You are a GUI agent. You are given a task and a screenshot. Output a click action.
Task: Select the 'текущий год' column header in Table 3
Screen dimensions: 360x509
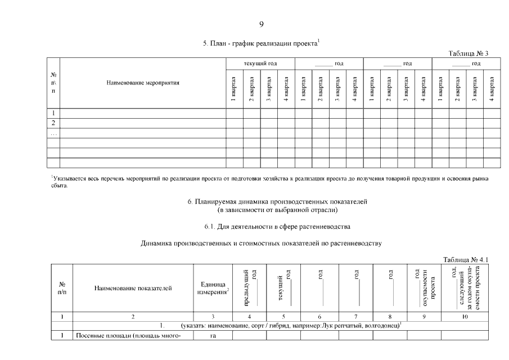(260, 64)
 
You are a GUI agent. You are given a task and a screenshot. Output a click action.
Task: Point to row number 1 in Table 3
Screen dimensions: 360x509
(53, 113)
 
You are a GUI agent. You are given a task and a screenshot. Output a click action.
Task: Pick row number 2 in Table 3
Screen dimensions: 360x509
(53, 123)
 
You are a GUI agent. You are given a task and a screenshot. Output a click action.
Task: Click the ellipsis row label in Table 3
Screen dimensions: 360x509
(53, 133)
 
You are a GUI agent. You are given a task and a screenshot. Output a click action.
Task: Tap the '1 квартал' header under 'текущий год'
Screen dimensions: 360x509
(235, 89)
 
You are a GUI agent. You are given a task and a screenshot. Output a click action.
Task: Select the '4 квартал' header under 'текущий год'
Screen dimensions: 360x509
(286, 89)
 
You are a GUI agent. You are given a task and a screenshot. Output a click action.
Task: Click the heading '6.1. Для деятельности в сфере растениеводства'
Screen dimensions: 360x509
(277, 227)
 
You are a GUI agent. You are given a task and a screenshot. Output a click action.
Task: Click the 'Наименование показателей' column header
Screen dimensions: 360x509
(133, 288)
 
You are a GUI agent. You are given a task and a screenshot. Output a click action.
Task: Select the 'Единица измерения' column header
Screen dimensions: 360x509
(213, 288)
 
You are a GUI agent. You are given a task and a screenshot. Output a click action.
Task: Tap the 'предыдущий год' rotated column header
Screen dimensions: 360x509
(249, 287)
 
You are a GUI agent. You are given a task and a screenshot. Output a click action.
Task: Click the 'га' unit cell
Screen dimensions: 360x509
(213, 336)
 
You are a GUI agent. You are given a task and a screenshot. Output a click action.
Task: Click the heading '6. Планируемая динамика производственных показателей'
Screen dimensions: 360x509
(277, 201)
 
